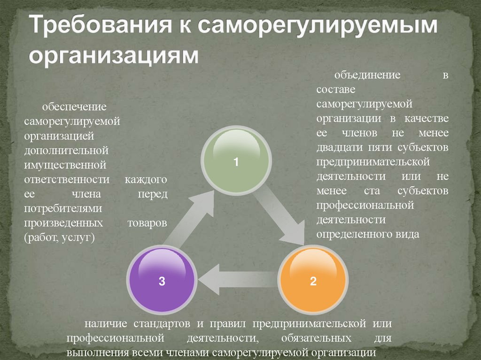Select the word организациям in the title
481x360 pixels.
pos(113,55)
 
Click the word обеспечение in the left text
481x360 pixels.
pos(74,107)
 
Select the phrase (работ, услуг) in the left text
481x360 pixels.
pos(60,238)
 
